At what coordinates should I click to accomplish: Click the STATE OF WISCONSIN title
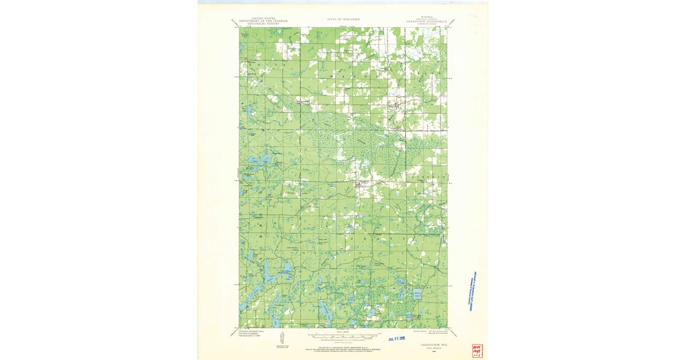[x=343, y=19]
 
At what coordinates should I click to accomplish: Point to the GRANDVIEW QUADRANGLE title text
[x=423, y=21]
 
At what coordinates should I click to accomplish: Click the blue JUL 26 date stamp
[x=400, y=338]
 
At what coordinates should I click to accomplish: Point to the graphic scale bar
[x=343, y=334]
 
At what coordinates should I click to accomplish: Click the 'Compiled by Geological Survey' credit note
[x=252, y=333]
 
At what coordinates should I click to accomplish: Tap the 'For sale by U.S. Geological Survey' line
[x=343, y=347]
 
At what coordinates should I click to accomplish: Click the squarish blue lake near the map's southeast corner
[x=417, y=296]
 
